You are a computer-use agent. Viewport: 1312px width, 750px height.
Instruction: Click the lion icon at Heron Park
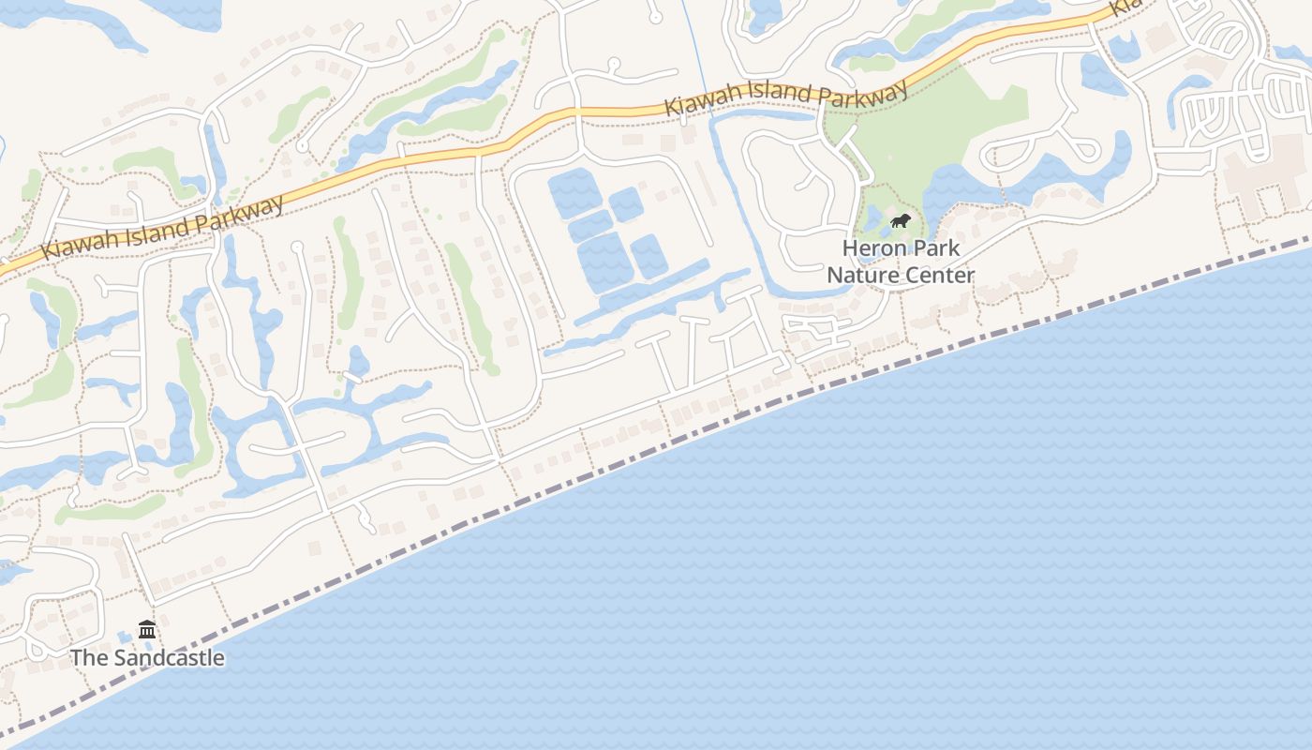pyautogui.click(x=901, y=221)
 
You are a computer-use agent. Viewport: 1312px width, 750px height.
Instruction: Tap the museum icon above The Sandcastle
pyautogui.click(x=147, y=629)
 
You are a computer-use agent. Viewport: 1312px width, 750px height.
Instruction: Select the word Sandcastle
pyautogui.click(x=170, y=657)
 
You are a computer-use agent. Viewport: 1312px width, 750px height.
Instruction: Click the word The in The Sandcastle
pyautogui.click(x=90, y=657)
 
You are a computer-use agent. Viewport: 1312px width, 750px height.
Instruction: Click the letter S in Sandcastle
pyautogui.click(x=123, y=657)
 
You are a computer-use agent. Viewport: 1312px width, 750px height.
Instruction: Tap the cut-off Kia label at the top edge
pyautogui.click(x=1125, y=7)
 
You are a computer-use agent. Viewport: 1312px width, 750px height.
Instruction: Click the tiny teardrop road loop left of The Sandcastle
pyautogui.click(x=37, y=647)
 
